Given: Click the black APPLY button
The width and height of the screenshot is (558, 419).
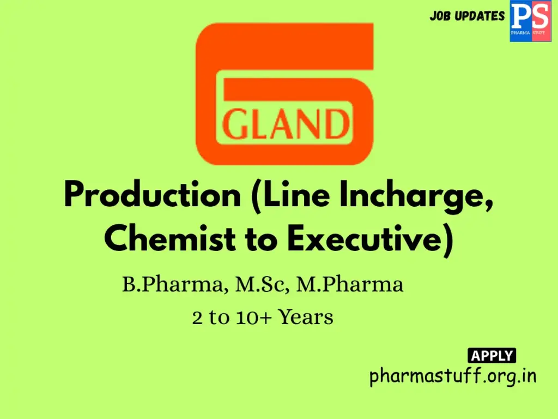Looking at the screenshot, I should pos(492,356).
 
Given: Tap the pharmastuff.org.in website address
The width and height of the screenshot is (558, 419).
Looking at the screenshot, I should pos(453,376).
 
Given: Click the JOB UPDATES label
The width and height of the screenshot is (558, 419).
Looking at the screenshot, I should pos(467,16).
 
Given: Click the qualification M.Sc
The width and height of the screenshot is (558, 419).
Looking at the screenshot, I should pos(262,285).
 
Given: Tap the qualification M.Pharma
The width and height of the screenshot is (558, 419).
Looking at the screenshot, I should pos(349,285).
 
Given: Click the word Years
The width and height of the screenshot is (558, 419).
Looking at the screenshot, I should pos(306,317).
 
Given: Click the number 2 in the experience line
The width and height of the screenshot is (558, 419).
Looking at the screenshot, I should pos(197,317).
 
